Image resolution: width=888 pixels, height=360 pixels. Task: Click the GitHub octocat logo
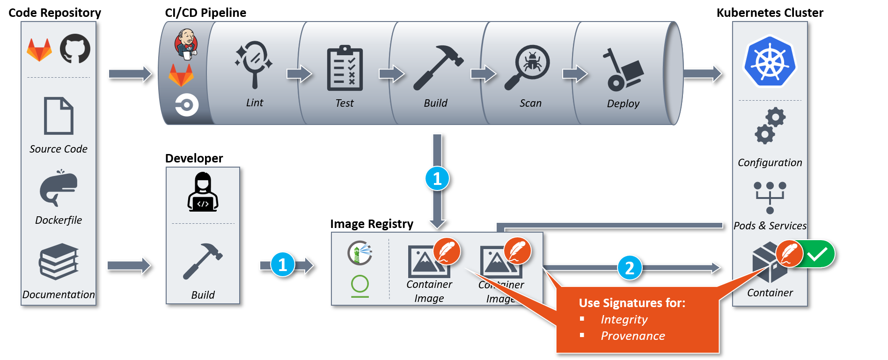75,49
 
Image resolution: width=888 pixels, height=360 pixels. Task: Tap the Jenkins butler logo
186,44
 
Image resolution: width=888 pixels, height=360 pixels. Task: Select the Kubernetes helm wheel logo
770,61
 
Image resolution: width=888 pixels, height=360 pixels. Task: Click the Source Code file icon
59,116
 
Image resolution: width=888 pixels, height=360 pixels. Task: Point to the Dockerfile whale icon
58,188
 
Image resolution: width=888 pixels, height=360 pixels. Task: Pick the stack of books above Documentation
59,261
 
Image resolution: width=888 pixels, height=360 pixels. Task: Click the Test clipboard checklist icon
345,68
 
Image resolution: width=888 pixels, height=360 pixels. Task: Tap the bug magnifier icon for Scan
528,67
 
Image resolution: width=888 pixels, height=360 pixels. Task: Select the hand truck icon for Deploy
622,70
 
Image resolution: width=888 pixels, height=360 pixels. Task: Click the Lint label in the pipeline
255,103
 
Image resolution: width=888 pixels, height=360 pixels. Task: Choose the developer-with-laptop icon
203,192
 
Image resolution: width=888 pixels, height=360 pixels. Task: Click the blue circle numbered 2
630,267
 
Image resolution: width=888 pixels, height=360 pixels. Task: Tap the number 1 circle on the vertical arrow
437,178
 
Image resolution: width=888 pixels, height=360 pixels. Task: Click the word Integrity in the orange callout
624,320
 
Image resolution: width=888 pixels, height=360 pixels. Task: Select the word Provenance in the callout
633,336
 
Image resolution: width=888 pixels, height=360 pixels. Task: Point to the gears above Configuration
770,125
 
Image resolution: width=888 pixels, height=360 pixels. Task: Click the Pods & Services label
770,226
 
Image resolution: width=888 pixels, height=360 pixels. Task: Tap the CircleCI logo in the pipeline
186,105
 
